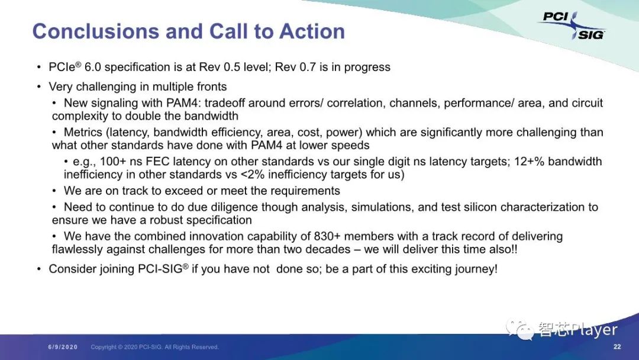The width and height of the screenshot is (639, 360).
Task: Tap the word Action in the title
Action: pyautogui.click(x=312, y=31)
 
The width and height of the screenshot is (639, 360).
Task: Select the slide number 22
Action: pyautogui.click(x=617, y=346)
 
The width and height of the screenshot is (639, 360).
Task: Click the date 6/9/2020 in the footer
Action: pyautogui.click(x=63, y=347)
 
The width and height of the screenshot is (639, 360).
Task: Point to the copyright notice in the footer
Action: pyautogui.click(x=154, y=347)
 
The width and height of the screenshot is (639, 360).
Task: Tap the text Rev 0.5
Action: pyautogui.click(x=220, y=67)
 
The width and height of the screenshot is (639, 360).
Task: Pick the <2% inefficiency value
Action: pyautogui.click(x=253, y=175)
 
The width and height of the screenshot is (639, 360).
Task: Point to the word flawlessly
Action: pyautogui.click(x=77, y=249)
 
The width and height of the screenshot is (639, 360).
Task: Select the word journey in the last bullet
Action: pyautogui.click(x=476, y=269)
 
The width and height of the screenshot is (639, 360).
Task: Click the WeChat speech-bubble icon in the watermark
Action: pyautogui.click(x=519, y=329)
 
